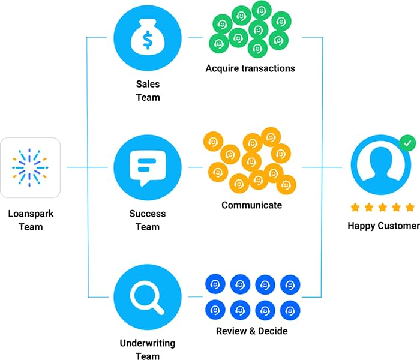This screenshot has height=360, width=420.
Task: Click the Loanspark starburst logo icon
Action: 31,167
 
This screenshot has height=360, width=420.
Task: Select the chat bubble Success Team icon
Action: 147,167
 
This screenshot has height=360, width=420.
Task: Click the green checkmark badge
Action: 408,144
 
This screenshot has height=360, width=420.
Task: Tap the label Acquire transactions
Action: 250,68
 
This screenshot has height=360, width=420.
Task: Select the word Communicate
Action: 251,205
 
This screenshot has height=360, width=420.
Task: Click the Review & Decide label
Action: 251,331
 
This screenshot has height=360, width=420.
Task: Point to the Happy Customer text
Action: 383,226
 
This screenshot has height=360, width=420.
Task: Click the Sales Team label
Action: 147,91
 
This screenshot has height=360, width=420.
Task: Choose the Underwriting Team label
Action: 147,350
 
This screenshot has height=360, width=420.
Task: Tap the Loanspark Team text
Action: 31,220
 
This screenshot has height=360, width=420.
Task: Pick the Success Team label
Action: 147,220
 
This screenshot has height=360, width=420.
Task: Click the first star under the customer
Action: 355,208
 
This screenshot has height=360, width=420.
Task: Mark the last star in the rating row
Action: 410,208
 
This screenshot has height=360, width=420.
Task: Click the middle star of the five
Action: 383,208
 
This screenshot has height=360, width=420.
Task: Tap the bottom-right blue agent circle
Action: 290,310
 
